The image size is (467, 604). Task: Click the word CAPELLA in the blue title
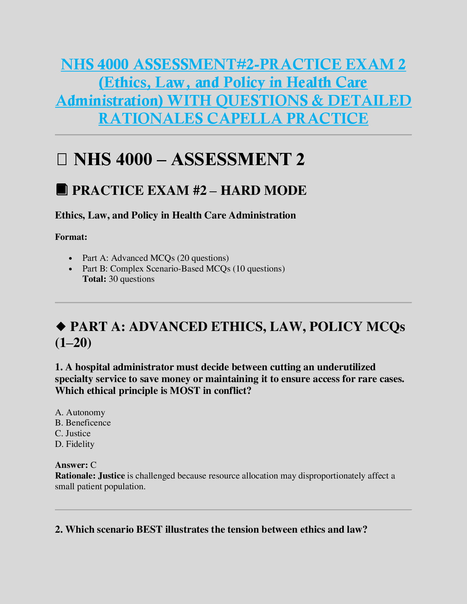[x=245, y=118]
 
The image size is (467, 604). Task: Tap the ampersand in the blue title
[x=317, y=100]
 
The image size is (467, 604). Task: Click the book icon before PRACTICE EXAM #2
[x=61, y=190]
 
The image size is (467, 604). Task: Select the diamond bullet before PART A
[x=61, y=326]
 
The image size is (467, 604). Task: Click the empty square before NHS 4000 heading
[x=61, y=159]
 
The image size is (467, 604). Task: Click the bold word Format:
[x=71, y=237]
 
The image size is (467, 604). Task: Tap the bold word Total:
[x=94, y=279]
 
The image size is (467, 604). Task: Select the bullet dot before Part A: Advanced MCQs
[x=71, y=258]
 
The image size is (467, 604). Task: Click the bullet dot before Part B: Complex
[x=71, y=269]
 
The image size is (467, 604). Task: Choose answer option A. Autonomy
[x=80, y=412]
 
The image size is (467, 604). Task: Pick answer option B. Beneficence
[x=83, y=422]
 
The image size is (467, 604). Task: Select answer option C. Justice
[x=73, y=433]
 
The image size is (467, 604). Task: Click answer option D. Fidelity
[x=75, y=444]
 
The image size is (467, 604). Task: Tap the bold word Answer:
[x=71, y=465]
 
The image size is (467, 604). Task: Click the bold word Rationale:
[x=75, y=475]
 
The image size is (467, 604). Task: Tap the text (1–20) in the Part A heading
[x=73, y=343]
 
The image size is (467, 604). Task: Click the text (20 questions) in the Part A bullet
[x=203, y=258]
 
